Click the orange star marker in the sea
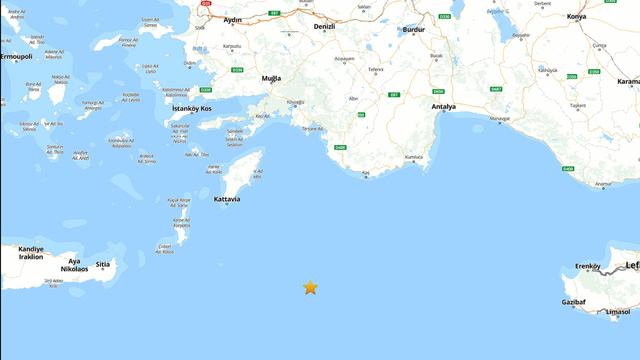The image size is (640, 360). pyautogui.click(x=310, y=288)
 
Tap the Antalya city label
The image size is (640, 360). pyautogui.click(x=443, y=107)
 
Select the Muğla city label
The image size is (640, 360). pyautogui.click(x=271, y=78)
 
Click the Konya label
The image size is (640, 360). pyautogui.click(x=603, y=17)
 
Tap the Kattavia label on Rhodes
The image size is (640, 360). pyautogui.click(x=226, y=199)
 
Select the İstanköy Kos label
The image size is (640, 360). pyautogui.click(x=192, y=108)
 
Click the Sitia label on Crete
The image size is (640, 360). pyautogui.click(x=102, y=265)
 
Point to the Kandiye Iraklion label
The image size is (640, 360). pyautogui.click(x=30, y=252)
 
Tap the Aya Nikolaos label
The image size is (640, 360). pyautogui.click(x=75, y=264)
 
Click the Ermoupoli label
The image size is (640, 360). pyautogui.click(x=15, y=55)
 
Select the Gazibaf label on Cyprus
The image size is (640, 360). pyautogui.click(x=573, y=300)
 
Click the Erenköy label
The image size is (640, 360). pyautogui.click(x=587, y=266)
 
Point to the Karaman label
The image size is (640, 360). pyautogui.click(x=628, y=82)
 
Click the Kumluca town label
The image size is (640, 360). pyautogui.click(x=413, y=158)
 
